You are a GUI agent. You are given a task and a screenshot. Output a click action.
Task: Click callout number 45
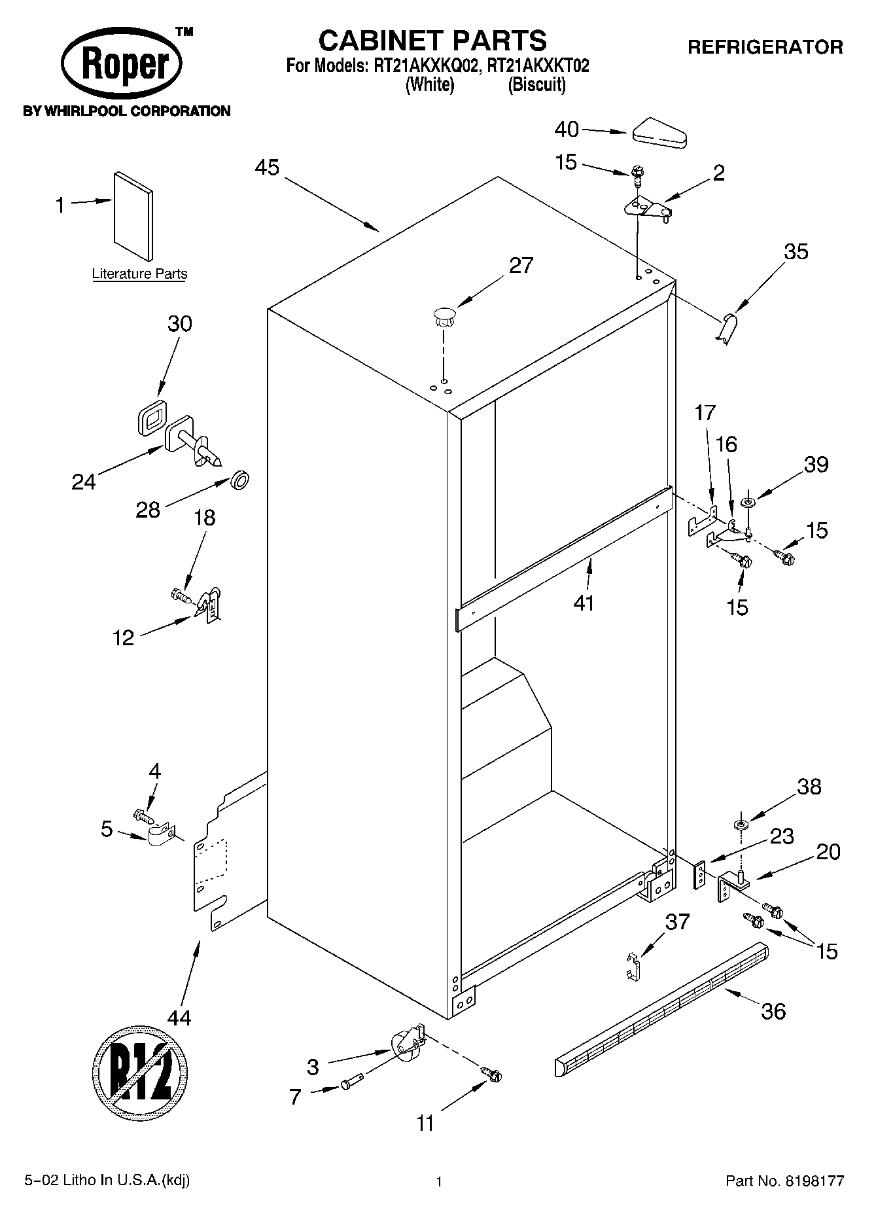[267, 168]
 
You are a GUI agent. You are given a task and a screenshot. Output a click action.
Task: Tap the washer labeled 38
[741, 823]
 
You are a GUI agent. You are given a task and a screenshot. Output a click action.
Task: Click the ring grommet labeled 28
[241, 482]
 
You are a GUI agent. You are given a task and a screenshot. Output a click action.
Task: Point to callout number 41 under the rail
[584, 601]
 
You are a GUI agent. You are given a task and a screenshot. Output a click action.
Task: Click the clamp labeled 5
[160, 836]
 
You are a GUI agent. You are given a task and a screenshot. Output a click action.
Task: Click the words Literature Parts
[139, 274]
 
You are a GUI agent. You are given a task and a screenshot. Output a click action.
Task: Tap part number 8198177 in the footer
[813, 1181]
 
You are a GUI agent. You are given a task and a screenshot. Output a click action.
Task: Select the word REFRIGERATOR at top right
[765, 47]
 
